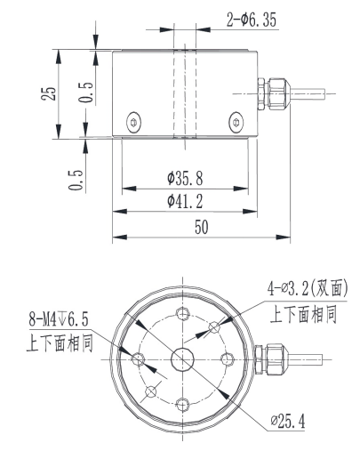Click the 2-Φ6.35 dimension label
pyautogui.click(x=252, y=19)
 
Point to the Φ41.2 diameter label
pyautogui.click(x=183, y=203)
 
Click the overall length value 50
pyautogui.click(x=201, y=229)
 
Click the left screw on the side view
pyautogui.click(x=133, y=121)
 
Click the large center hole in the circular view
pyautogui.click(x=183, y=358)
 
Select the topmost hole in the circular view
pyautogui.click(x=183, y=313)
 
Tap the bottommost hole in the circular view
pyautogui.click(x=183, y=405)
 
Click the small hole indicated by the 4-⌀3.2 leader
pyautogui.click(x=213, y=328)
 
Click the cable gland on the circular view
pyautogui.click(x=268, y=359)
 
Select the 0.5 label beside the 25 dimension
pyautogui.click(x=82, y=92)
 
